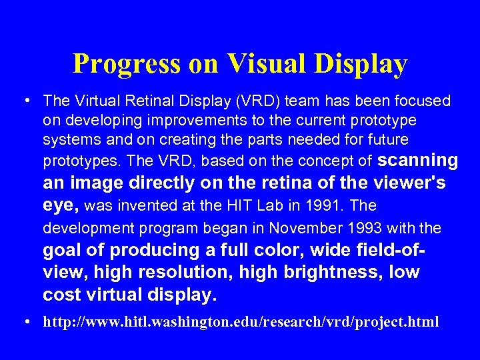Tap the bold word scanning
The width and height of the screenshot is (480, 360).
[418, 161]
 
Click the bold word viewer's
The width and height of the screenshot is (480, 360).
[411, 183]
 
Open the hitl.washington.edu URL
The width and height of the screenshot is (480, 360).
[241, 322]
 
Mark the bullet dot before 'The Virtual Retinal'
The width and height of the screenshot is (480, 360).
[25, 101]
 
